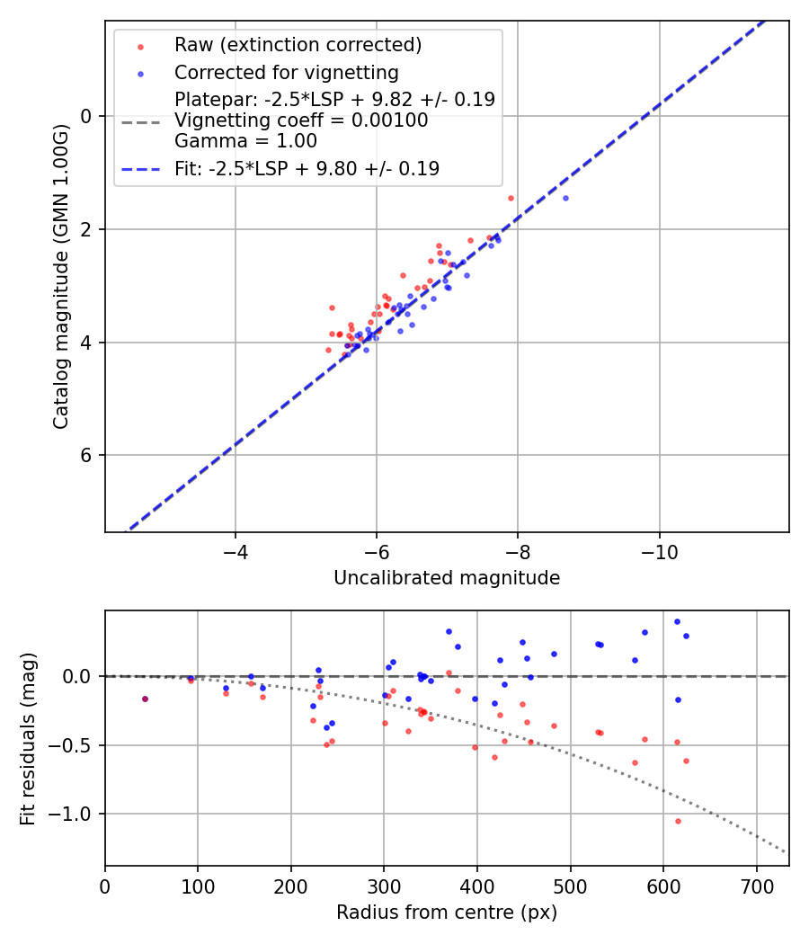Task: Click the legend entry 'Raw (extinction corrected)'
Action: (298, 45)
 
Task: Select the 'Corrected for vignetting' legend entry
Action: (286, 73)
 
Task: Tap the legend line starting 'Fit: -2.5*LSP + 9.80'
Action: (307, 168)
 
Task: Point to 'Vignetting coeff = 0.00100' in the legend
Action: (301, 120)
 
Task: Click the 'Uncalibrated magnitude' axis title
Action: (447, 578)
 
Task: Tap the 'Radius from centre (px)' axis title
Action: (447, 913)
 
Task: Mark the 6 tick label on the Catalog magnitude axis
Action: (87, 455)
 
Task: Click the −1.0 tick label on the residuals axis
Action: (79, 814)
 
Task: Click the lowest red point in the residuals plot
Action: (678, 821)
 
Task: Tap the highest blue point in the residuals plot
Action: (677, 621)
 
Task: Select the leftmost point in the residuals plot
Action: (145, 699)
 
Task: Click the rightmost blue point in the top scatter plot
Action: (565, 198)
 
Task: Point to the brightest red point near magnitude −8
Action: (511, 198)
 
